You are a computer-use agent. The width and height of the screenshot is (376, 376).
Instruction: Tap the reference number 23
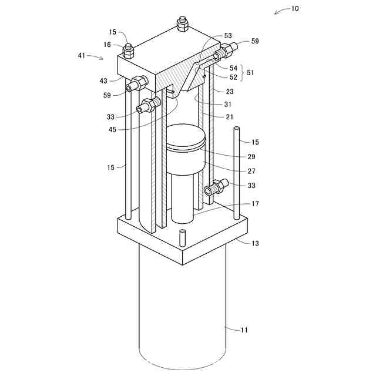[229, 91]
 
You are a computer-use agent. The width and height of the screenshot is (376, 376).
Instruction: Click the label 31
[229, 103]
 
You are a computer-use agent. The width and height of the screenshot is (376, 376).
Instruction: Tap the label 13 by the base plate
[254, 243]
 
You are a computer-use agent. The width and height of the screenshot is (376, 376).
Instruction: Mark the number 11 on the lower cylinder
[244, 330]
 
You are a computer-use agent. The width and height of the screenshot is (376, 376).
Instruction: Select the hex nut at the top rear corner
[182, 25]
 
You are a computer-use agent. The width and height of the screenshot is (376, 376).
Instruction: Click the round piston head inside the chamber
[184, 140]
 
